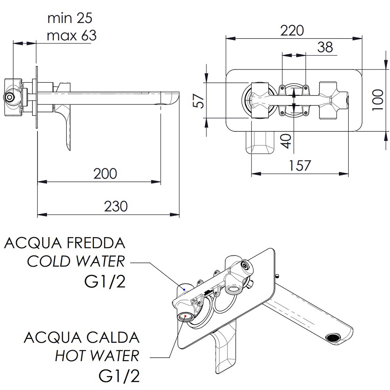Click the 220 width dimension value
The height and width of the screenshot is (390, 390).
pyautogui.click(x=292, y=30)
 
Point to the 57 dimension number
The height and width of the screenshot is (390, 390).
pyautogui.click(x=199, y=101)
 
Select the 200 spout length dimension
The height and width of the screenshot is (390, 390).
pyautogui.click(x=105, y=174)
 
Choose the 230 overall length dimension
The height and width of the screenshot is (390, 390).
pyautogui.click(x=116, y=206)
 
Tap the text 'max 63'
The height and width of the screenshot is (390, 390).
pyautogui.click(x=72, y=35)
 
